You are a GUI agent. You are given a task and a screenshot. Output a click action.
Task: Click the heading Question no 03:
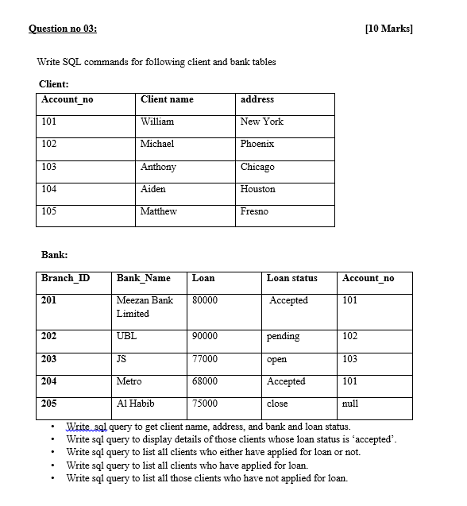(x=63, y=29)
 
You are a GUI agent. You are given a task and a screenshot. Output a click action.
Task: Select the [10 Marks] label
(x=389, y=29)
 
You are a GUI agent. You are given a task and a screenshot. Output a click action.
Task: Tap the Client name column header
(x=167, y=99)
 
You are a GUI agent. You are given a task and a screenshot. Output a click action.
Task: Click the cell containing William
(x=157, y=122)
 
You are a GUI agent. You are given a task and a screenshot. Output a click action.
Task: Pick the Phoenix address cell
(x=257, y=144)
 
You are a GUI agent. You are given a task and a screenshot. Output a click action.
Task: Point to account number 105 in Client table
(x=49, y=211)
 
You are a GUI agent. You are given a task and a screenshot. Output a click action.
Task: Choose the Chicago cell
(x=257, y=167)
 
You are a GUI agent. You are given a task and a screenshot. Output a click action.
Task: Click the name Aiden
(x=153, y=189)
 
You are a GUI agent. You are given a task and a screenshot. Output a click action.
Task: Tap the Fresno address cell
(x=254, y=211)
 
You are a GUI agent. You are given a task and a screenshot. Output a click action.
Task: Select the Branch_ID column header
(x=65, y=278)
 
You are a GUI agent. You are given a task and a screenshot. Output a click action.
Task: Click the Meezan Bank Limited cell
(x=145, y=307)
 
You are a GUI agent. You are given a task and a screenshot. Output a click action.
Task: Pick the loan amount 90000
(x=205, y=336)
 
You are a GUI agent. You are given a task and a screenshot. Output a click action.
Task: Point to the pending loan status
(x=284, y=336)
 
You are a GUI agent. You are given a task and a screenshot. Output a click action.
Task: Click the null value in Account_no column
(x=349, y=404)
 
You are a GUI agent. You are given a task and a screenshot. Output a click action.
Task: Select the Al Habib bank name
(x=136, y=404)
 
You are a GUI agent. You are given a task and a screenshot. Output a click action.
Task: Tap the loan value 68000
(x=205, y=381)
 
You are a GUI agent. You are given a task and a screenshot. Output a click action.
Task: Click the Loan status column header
(x=291, y=278)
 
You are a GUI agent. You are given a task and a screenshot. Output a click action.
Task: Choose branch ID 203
(x=49, y=359)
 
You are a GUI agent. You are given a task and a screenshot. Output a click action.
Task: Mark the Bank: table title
(x=54, y=254)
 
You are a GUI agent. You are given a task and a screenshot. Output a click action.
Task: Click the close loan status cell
(x=278, y=404)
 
